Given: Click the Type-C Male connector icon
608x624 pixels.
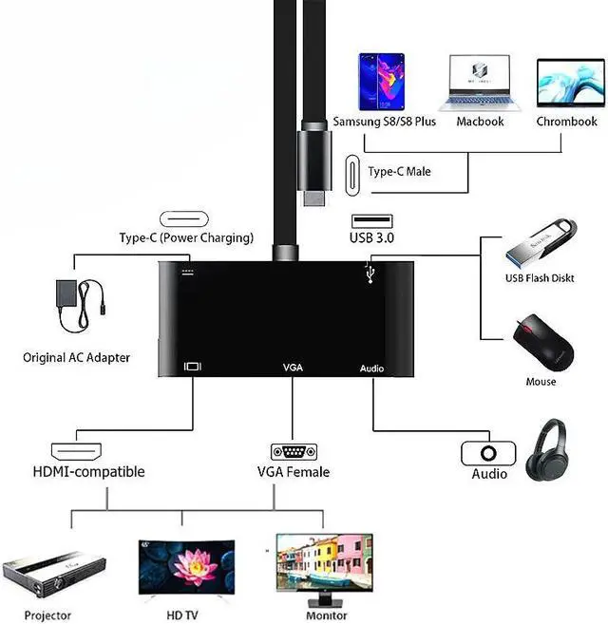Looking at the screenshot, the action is [352, 172].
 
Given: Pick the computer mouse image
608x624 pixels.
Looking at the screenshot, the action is [542, 344].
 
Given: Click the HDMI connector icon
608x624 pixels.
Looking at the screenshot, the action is [76, 451].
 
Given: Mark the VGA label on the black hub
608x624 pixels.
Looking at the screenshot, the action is [293, 367].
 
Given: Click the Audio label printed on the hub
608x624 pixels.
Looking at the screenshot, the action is [372, 368].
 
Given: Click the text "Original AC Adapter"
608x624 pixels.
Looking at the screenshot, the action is [76, 358].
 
